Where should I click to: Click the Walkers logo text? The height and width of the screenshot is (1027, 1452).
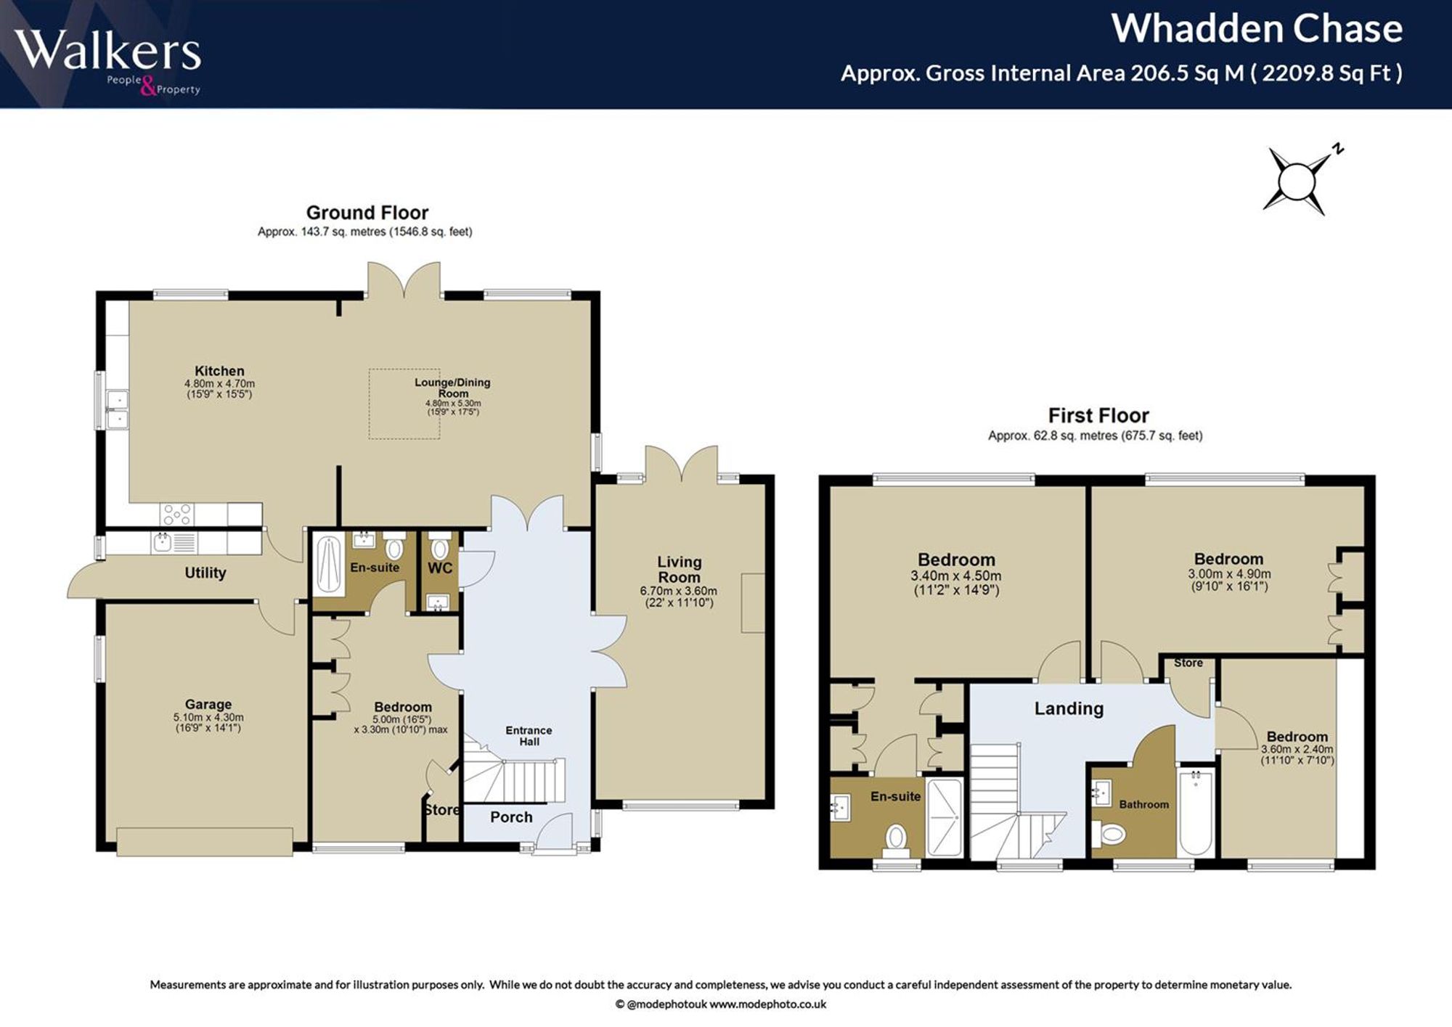pyautogui.click(x=107, y=50)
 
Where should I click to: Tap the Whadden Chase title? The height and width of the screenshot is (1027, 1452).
pyautogui.click(x=1257, y=29)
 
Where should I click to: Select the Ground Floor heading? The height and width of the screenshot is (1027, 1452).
pyautogui.click(x=367, y=213)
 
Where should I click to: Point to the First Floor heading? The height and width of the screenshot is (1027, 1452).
pyautogui.click(x=1098, y=415)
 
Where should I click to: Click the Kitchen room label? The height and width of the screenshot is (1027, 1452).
pyautogui.click(x=219, y=371)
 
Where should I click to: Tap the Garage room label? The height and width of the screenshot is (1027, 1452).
pyautogui.click(x=208, y=704)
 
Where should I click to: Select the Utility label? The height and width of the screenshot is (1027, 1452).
pyautogui.click(x=205, y=573)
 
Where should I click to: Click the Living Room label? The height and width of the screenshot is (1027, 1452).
pyautogui.click(x=680, y=570)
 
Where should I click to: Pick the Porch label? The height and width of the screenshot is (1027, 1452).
pyautogui.click(x=511, y=817)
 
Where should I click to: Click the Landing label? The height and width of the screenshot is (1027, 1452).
pyautogui.click(x=1069, y=708)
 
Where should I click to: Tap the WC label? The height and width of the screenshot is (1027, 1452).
pyautogui.click(x=440, y=568)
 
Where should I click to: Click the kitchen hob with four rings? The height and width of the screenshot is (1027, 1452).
pyautogui.click(x=177, y=515)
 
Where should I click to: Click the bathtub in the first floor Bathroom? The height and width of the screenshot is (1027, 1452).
pyautogui.click(x=1195, y=813)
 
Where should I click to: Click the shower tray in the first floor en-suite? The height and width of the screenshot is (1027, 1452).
pyautogui.click(x=945, y=817)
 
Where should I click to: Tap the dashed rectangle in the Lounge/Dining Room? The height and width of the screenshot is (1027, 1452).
pyautogui.click(x=404, y=404)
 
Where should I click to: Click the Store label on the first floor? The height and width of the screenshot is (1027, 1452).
pyautogui.click(x=1188, y=663)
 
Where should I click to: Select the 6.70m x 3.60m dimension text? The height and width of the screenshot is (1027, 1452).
pyautogui.click(x=679, y=591)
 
